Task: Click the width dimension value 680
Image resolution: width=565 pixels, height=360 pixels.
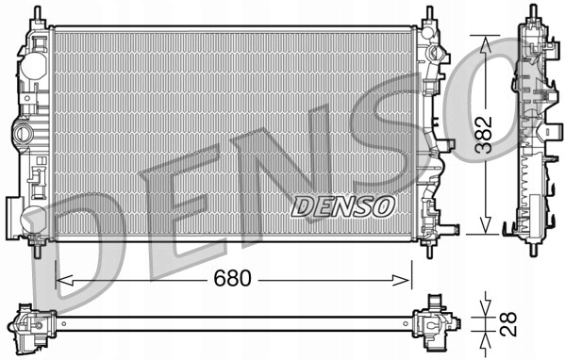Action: [x=232, y=280]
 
